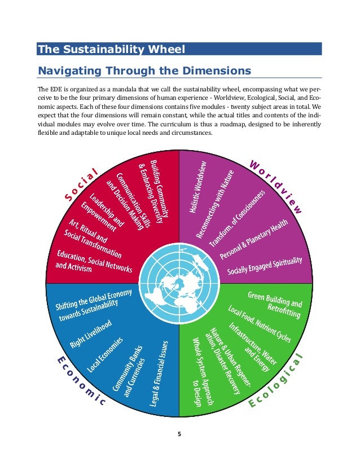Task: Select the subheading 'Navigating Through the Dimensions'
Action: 143,71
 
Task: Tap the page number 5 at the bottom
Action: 179,434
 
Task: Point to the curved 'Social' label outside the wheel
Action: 81,184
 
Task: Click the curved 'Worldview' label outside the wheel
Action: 276,186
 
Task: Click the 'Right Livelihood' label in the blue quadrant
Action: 90,333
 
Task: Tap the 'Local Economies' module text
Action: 106,355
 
